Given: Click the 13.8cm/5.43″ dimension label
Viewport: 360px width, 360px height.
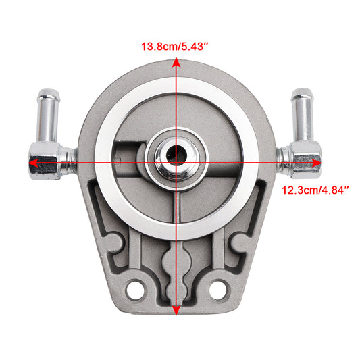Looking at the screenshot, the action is [175, 47].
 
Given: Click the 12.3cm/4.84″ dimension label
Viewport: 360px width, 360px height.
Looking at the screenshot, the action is [315, 190].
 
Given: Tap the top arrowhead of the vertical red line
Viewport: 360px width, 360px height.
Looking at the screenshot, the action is [176, 61].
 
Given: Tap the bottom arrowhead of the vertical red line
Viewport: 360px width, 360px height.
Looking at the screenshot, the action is [176, 311].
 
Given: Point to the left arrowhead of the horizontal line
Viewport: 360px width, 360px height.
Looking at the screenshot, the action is [32, 163].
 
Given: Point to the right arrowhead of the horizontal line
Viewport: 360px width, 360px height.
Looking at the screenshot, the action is [317, 163].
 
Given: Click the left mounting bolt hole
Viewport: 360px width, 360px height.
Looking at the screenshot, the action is [135, 290].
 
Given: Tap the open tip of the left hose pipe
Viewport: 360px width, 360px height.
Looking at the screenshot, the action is [49, 94].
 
